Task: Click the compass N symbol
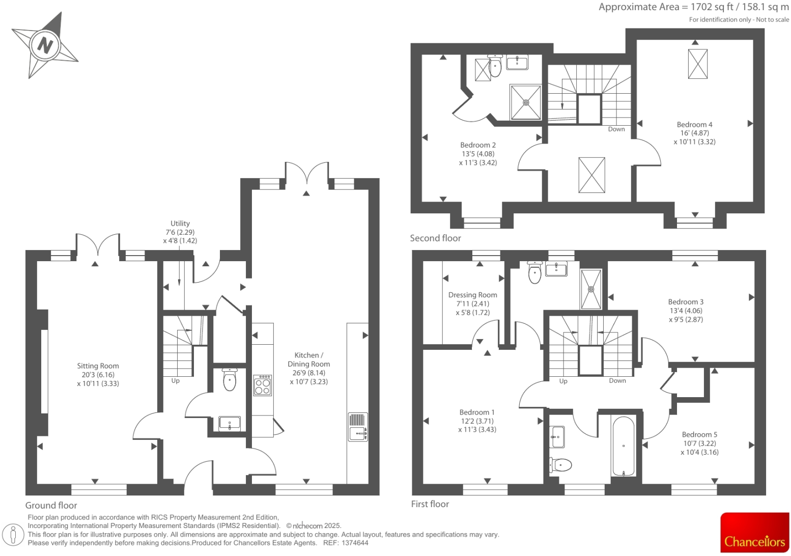pyautogui.click(x=45, y=45)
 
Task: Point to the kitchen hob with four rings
pyautogui.click(x=263, y=385)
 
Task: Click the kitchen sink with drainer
pyautogui.click(x=358, y=427)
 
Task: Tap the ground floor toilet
pyautogui.click(x=230, y=380)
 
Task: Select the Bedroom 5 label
pyautogui.click(x=699, y=434)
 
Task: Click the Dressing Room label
pyautogui.click(x=472, y=295)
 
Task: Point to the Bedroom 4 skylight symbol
pyautogui.click(x=697, y=64)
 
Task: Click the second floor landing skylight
pyautogui.click(x=591, y=175)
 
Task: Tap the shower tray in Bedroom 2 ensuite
pyautogui.click(x=525, y=102)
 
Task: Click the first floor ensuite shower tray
pyautogui.click(x=591, y=289)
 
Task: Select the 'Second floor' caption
pyautogui.click(x=435, y=238)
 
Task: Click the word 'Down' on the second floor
pyautogui.click(x=616, y=129)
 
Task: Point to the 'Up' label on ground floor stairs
pyautogui.click(x=175, y=381)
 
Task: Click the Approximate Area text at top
pyautogui.click(x=693, y=7)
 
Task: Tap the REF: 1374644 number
pyautogui.click(x=346, y=543)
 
